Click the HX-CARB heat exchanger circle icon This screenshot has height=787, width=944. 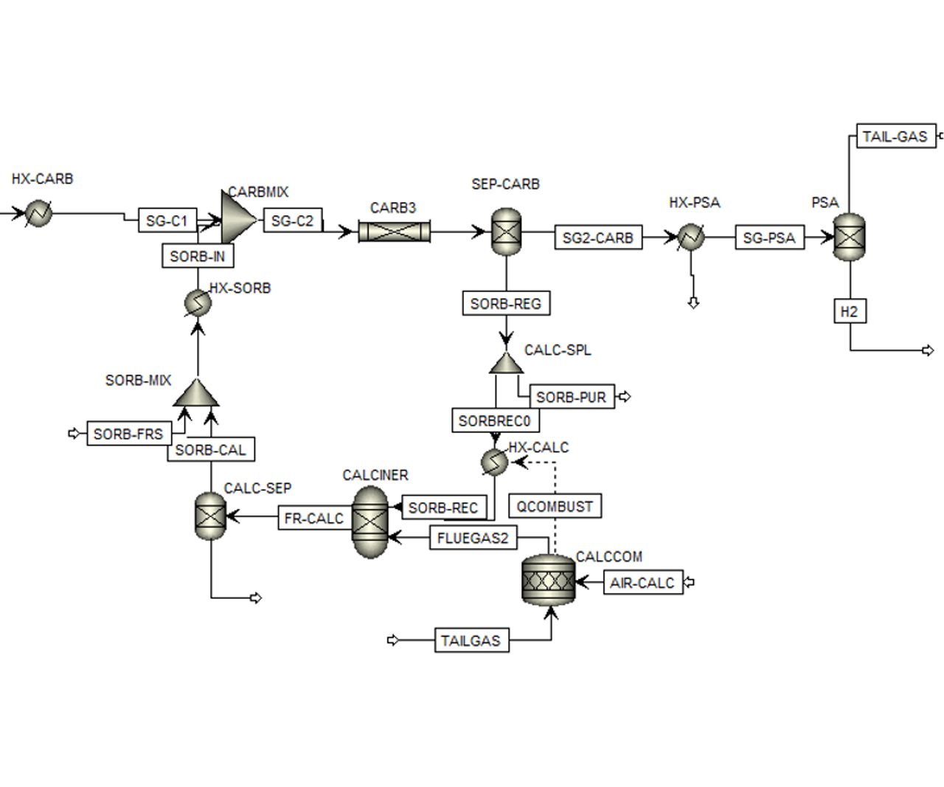pyautogui.click(x=38, y=214)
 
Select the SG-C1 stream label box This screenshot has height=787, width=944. pyautogui.click(x=167, y=221)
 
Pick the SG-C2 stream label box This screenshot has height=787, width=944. pyautogui.click(x=292, y=221)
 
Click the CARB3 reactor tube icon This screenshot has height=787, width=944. pyautogui.click(x=394, y=232)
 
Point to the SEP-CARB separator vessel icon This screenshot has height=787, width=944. pyautogui.click(x=506, y=232)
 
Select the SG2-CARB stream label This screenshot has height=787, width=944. pyautogui.click(x=597, y=238)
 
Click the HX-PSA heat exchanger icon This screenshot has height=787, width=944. pyautogui.click(x=691, y=238)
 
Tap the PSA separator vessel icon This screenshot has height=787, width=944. pyautogui.click(x=849, y=237)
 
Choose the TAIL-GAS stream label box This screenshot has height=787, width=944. pyautogui.click(x=895, y=136)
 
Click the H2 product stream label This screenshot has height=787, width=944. pyautogui.click(x=850, y=311)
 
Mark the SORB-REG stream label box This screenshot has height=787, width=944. pyautogui.click(x=506, y=303)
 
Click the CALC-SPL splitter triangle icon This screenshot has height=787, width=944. pyautogui.click(x=506, y=364)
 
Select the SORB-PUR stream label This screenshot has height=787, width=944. pyautogui.click(x=571, y=397)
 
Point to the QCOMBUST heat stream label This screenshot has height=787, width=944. pyautogui.click(x=555, y=506)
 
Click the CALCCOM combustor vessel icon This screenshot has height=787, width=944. pyautogui.click(x=548, y=581)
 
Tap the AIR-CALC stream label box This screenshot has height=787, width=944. pyautogui.click(x=642, y=583)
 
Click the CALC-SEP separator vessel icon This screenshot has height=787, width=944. pyautogui.click(x=210, y=516)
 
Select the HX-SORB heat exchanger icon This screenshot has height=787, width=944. pyautogui.click(x=198, y=302)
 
